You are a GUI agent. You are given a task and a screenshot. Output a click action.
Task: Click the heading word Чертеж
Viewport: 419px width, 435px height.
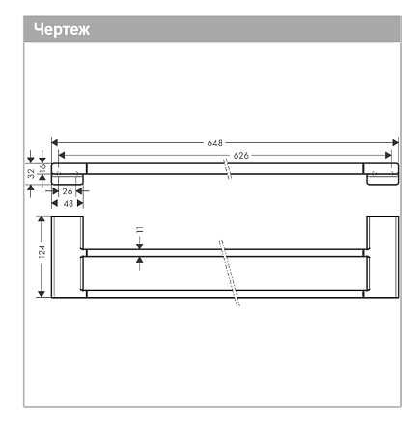point(62,29)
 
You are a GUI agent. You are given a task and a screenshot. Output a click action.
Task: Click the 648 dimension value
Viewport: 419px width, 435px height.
point(214,143)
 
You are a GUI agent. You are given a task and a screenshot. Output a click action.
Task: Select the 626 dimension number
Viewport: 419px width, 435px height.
point(241,156)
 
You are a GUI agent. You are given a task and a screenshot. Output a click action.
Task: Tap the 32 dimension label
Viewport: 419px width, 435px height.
point(31,174)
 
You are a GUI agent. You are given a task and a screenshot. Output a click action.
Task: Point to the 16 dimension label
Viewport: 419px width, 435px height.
point(42,167)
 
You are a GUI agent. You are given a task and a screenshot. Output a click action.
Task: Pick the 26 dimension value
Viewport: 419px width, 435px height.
point(68,191)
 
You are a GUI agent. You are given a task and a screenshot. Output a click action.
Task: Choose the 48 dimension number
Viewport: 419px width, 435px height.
point(69,203)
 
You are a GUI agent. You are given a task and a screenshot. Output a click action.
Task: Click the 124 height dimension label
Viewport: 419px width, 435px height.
point(42,251)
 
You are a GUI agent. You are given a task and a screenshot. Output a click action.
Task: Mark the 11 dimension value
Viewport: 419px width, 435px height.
point(140,230)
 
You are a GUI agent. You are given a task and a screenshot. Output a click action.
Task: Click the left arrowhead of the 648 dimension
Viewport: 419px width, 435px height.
point(55,142)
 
